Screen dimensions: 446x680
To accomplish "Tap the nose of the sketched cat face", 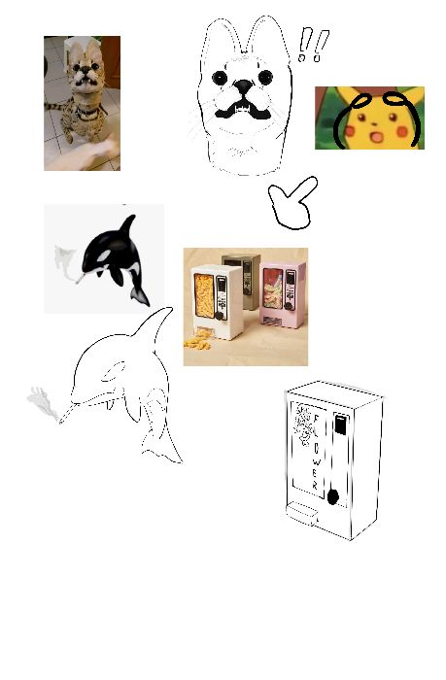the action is tap(244, 85).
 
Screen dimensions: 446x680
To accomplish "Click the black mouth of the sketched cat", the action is tap(243, 110).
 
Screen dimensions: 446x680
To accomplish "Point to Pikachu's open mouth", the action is tap(376, 138).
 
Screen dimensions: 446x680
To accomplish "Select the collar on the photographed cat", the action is tap(86, 112).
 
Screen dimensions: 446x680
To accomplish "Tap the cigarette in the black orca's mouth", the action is tap(81, 279).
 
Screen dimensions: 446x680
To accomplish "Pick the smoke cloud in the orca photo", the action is tap(64, 261).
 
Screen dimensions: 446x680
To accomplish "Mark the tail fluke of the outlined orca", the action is tap(161, 450).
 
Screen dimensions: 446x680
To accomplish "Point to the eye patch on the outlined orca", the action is tap(114, 372).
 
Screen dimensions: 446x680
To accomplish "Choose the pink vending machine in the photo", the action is tap(283, 293).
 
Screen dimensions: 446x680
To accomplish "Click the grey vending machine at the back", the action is tap(242, 280).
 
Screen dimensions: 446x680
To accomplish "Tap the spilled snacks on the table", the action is tap(197, 343).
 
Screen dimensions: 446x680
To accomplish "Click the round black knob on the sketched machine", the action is tap(332, 497).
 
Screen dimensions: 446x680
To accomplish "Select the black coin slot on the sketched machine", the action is tap(341, 425).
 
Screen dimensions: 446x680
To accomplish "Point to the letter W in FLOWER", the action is tap(317, 462).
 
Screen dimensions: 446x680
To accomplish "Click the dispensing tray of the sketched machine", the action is tap(302, 513).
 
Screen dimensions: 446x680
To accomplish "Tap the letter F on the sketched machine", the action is tap(316, 420).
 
